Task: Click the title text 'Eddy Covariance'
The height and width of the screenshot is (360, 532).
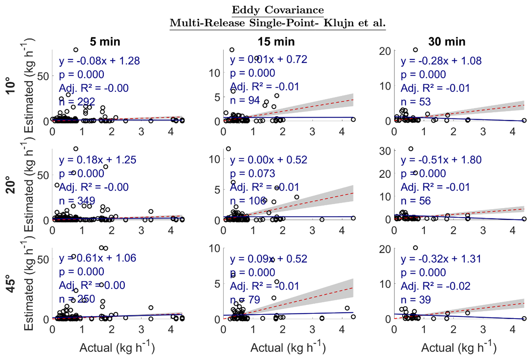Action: coord(277,10)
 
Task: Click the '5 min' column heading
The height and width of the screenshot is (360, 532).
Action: coord(105,42)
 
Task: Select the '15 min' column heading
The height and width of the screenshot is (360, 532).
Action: coord(276,42)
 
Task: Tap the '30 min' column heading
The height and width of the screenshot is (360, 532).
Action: coord(447,42)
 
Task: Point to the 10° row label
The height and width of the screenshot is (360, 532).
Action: coord(11,85)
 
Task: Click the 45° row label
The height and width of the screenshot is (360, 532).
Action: coord(11,284)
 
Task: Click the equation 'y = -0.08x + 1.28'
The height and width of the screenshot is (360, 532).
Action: coord(99,61)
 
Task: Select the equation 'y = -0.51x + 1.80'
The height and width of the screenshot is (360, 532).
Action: coord(441,160)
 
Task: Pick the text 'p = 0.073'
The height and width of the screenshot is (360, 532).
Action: coord(252,174)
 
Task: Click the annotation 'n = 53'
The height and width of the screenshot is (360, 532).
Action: coord(416,102)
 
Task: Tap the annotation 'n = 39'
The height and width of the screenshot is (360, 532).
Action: coord(416,300)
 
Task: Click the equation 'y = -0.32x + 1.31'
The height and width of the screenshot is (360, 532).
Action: coord(441,259)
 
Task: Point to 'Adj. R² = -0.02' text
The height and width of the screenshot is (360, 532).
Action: coord(435,286)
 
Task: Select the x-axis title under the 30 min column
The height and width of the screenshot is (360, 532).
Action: coord(459,347)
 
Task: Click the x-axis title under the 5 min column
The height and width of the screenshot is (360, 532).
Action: coord(117,347)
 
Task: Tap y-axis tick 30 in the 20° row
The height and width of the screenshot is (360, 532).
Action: coord(385,151)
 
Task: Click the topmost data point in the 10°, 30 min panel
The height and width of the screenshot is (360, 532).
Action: coord(415,50)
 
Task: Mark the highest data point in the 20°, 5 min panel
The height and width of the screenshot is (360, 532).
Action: coord(76,149)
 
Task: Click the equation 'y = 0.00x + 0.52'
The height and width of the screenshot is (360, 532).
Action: coord(269,160)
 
